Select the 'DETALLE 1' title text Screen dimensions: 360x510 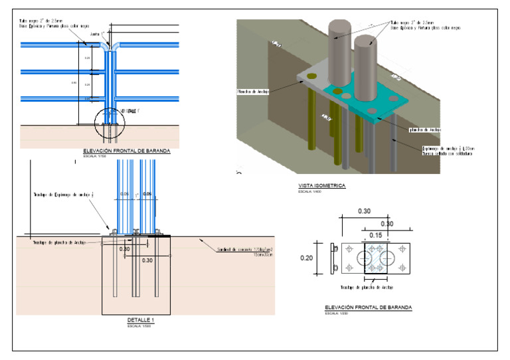pyautogui.click(x=140, y=320)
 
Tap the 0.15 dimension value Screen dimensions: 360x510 pyautogui.click(x=376, y=235)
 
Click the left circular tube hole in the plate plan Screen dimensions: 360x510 pyautogui.click(x=365, y=257)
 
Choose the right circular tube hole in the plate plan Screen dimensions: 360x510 pyautogui.click(x=388, y=257)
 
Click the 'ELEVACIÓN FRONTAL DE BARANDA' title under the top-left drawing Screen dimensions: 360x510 pyautogui.click(x=126, y=151)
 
